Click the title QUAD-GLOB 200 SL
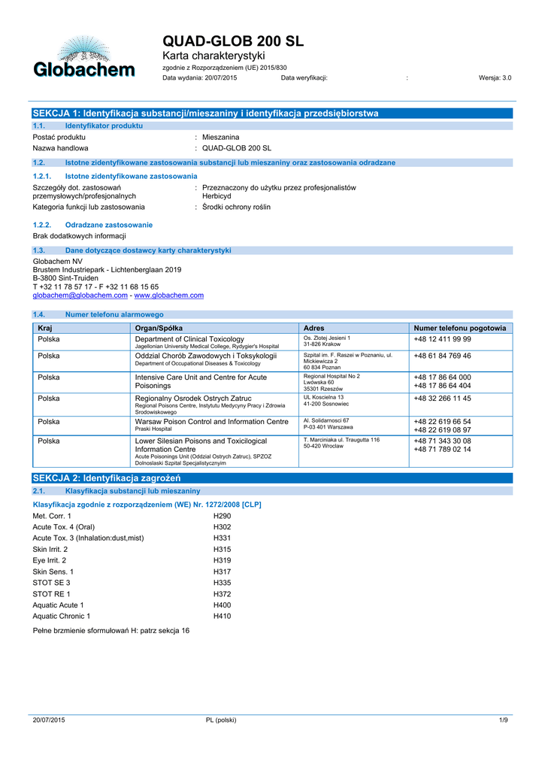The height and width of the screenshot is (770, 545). pos(233,41)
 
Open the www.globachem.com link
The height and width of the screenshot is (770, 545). pos(168,296)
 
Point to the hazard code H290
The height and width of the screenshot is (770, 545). pos(223,517)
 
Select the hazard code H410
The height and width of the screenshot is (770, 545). pos(223,616)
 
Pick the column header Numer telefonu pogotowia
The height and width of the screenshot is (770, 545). pos(460,328)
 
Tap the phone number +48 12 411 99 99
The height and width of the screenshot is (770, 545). pos(442,339)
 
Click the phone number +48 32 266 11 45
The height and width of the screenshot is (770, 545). pos(442,398)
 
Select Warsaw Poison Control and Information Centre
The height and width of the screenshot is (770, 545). pos(211,421)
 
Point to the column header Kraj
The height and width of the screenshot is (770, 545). pos(45,328)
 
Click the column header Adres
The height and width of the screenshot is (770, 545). pos(313,328)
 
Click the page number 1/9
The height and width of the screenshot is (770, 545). pos(504,720)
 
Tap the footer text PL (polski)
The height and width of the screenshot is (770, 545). pos(221,720)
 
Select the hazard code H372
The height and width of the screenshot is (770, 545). pos(223,593)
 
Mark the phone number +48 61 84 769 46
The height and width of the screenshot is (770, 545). pos(442,356)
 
